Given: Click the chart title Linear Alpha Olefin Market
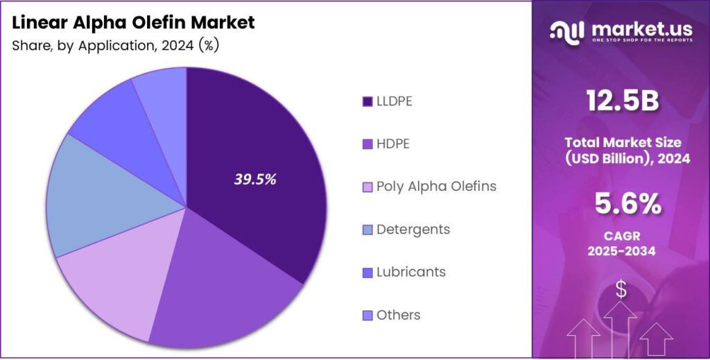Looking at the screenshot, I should [x=133, y=22].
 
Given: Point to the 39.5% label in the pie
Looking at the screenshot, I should [x=255, y=179].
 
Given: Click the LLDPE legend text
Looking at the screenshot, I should [x=394, y=101].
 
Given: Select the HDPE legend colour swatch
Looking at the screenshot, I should [x=367, y=144].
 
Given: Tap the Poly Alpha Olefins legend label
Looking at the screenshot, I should [x=436, y=187].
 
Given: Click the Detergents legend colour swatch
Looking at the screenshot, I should [x=367, y=230].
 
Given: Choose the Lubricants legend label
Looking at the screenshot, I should [x=410, y=272].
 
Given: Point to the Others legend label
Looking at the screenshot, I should [x=398, y=315].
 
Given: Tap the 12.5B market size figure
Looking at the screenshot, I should [x=621, y=101].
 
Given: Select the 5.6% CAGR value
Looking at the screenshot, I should [x=621, y=204].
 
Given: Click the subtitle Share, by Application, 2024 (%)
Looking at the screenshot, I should [x=116, y=46].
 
